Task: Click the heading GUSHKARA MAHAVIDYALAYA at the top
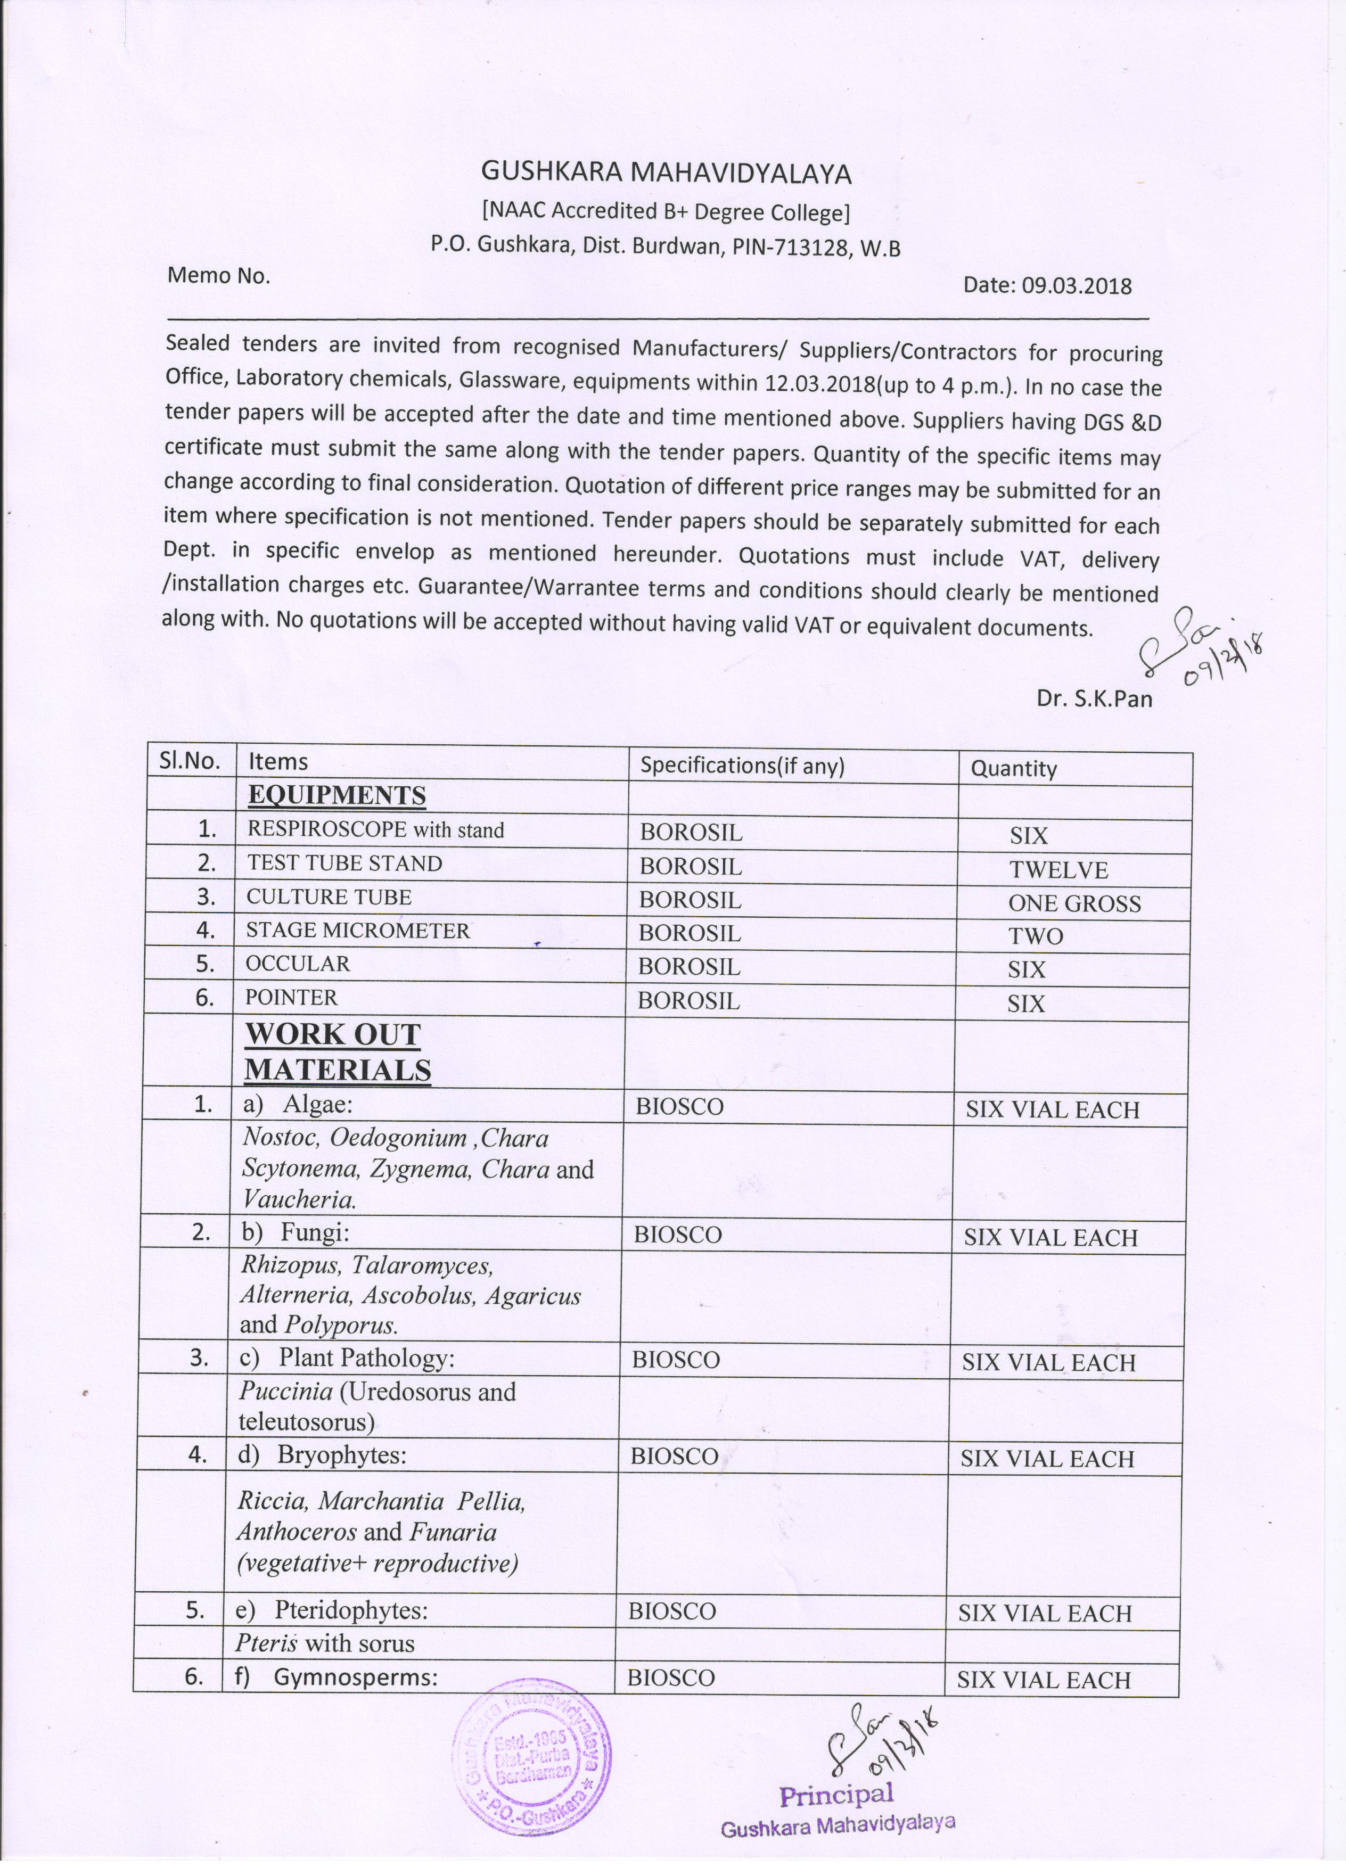[666, 173]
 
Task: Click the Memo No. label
[218, 276]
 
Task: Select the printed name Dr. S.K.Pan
[1094, 699]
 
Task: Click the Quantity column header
[1013, 768]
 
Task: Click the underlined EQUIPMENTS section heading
[336, 795]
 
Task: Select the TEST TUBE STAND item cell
[345, 863]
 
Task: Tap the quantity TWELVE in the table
[1058, 869]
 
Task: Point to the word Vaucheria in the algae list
[299, 1200]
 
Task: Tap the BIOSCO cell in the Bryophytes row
[674, 1456]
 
